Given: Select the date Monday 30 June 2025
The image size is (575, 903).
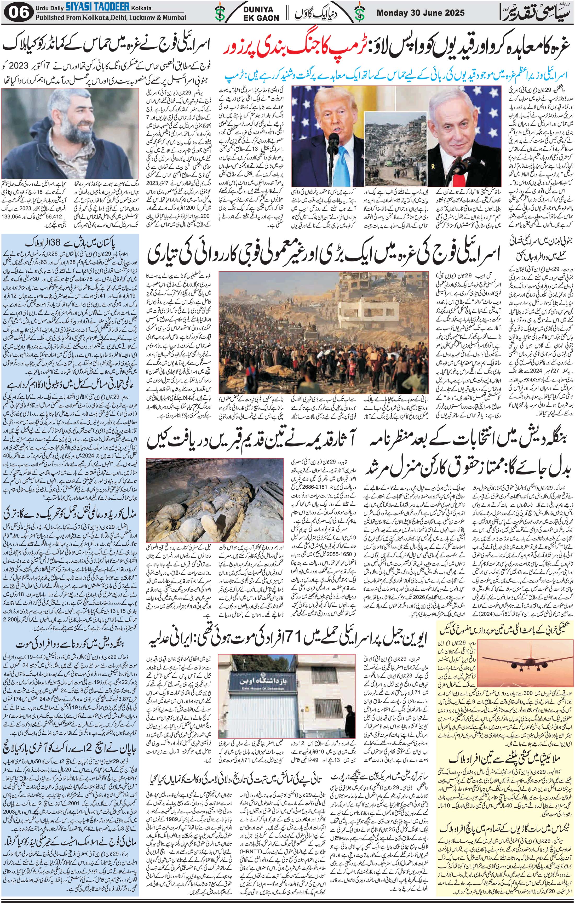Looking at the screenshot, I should [420, 13].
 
